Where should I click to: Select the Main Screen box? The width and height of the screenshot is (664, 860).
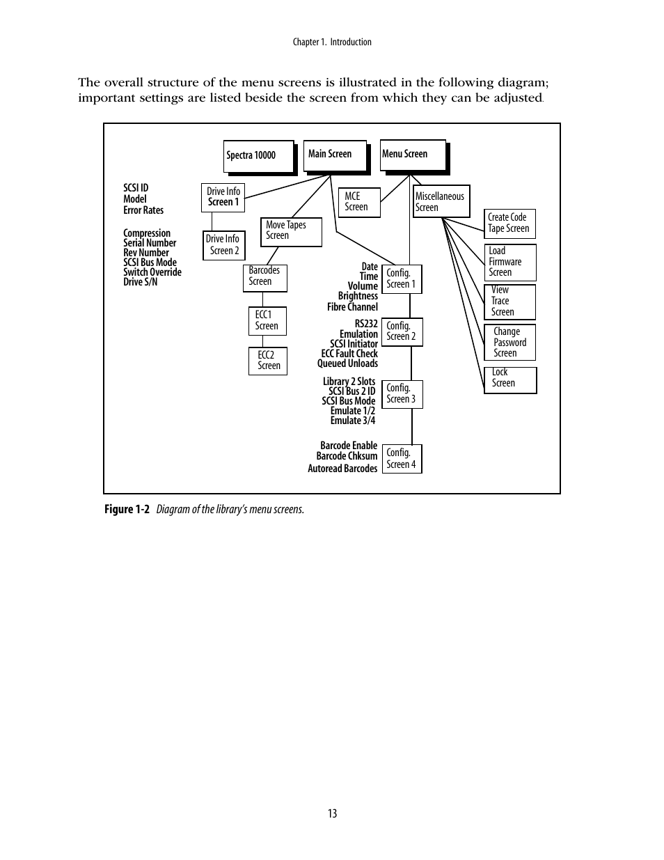(335, 155)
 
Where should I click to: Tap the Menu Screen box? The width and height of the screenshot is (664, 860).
(413, 155)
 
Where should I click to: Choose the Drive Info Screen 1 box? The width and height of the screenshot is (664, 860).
(223, 197)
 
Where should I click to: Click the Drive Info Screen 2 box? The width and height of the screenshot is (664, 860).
(223, 245)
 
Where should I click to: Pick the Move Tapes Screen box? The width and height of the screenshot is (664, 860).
(291, 231)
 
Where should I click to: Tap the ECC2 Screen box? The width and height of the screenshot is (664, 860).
(268, 361)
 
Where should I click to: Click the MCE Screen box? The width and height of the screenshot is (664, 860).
(359, 202)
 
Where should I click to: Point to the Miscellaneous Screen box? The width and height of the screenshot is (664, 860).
(441, 202)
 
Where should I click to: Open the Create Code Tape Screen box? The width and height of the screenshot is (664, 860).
(509, 224)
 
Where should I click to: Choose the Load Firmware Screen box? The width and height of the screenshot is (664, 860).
(509, 262)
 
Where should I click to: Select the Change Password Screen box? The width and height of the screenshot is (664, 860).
(509, 343)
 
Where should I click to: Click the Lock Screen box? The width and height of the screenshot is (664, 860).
(509, 380)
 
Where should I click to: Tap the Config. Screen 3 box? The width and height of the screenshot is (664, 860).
(403, 394)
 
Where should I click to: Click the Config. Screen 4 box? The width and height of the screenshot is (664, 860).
(402, 459)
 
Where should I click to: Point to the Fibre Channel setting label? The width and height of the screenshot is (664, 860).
(352, 307)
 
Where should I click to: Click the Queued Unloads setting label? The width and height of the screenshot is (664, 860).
(347, 363)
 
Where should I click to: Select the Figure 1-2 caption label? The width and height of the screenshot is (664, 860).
(127, 510)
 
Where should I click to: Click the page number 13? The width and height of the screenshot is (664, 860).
(332, 813)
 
